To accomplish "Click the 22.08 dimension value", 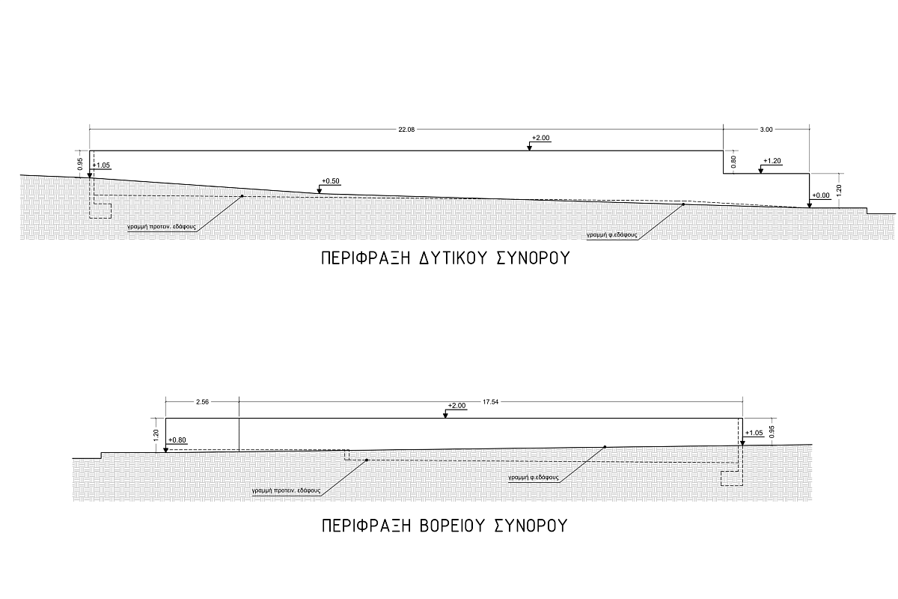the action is click(406, 130).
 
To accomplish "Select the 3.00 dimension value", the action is click(766, 130).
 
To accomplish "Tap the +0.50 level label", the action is click(330, 181).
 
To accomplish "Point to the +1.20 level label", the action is click(772, 161).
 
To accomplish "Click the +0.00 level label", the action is click(821, 195).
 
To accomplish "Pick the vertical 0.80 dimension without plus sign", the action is click(733, 162).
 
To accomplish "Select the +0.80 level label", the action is click(177, 440).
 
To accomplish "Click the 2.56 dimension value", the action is click(203, 402).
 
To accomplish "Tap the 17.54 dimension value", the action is click(490, 402).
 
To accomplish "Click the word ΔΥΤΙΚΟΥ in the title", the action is click(453, 258).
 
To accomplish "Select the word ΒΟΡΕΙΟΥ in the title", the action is click(453, 526).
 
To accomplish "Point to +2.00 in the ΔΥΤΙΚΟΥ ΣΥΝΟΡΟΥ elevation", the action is click(540, 138).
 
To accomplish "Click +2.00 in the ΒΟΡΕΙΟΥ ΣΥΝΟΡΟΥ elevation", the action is click(456, 406).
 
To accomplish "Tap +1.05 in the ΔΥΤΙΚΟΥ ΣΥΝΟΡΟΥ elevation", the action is click(101, 165).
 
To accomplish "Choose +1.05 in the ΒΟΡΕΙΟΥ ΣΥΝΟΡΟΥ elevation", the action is click(754, 433).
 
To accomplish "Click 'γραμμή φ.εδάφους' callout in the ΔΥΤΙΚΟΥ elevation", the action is click(612, 235).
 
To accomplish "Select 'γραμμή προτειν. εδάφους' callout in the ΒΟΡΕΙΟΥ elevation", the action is click(286, 490).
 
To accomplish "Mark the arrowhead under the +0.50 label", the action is click(319, 191).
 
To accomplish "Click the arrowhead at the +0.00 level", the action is click(810, 205).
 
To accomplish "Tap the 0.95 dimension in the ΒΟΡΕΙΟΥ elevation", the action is click(772, 432).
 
